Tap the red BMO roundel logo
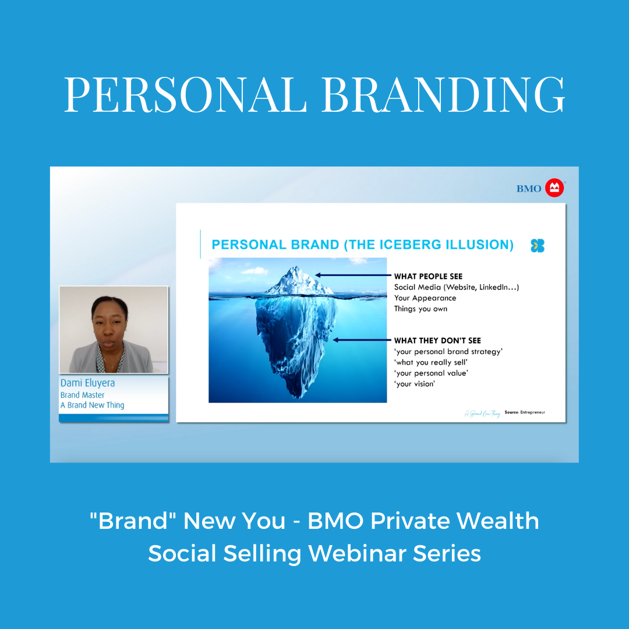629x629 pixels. click(x=554, y=188)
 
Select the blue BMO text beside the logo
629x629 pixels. click(x=529, y=189)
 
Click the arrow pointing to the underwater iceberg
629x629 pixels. click(x=361, y=340)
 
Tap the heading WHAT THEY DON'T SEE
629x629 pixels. click(x=437, y=341)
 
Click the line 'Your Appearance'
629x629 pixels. click(x=425, y=298)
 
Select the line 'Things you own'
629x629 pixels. click(x=420, y=309)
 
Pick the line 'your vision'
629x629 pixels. click(x=415, y=384)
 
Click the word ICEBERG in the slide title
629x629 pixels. click(x=407, y=245)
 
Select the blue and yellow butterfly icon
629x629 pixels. click(x=537, y=246)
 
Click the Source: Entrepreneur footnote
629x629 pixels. click(x=525, y=412)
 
